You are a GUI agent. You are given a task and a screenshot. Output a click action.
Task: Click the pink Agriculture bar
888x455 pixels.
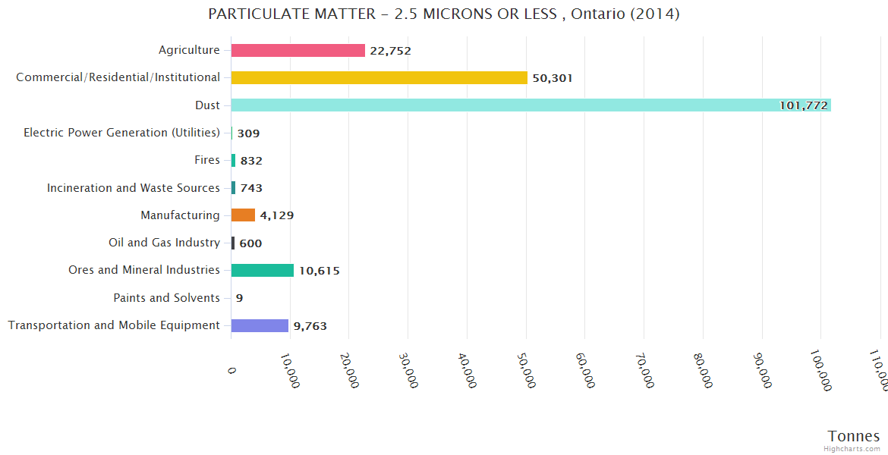coord(298,50)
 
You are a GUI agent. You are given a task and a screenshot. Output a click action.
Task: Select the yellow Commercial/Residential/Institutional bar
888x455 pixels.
coord(379,77)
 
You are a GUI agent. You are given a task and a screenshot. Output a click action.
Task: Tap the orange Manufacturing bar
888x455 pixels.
coord(243,215)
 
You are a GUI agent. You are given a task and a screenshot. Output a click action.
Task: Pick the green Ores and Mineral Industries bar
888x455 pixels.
coord(262,270)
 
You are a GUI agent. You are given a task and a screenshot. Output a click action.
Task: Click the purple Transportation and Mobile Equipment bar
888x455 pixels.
coord(260,325)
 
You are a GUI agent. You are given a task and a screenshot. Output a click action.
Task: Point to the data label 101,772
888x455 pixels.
coord(803,105)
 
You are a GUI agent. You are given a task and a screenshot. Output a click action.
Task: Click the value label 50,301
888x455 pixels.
coord(553,78)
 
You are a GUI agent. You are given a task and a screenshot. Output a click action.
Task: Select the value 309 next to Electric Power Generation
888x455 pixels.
coord(248,133)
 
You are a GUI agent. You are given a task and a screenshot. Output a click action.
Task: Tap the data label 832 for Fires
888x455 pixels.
coord(251,161)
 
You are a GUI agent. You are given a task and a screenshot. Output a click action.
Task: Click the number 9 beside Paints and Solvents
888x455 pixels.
coord(239,298)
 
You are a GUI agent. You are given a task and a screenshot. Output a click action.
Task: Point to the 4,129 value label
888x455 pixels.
coord(276,215)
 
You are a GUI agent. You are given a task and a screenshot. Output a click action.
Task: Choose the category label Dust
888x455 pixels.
coord(207,105)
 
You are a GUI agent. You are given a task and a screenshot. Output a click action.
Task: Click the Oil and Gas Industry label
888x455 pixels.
coord(164,243)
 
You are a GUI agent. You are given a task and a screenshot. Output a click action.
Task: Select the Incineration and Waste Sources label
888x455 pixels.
coord(134,188)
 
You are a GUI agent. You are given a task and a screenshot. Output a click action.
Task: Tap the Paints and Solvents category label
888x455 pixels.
coord(166,298)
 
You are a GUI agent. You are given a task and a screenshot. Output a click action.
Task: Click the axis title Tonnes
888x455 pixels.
coord(853,436)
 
